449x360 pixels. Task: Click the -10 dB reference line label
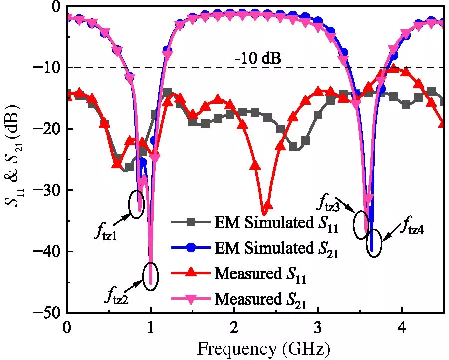[258, 59]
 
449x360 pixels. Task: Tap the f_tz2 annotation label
[116, 297]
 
